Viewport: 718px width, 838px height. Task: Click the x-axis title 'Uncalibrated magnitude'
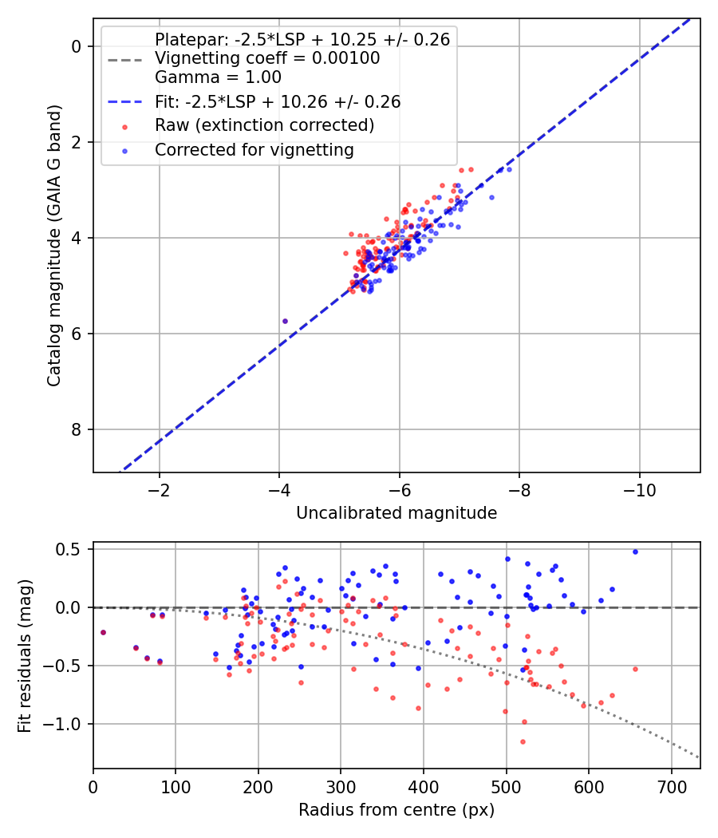tap(396, 513)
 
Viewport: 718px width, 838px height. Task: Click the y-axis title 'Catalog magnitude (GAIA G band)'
tap(54, 245)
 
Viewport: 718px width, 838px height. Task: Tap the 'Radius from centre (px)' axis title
tap(396, 810)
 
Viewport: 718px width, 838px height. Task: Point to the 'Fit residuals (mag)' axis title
tap(24, 656)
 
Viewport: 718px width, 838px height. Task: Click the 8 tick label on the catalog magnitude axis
tap(77, 429)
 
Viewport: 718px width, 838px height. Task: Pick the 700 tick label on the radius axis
tap(672, 787)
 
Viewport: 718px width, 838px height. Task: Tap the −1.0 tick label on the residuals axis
tap(62, 724)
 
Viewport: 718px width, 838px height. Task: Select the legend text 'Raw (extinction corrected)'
tap(264, 125)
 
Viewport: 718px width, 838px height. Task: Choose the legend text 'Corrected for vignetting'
tap(254, 150)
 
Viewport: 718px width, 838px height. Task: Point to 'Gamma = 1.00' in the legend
tap(218, 77)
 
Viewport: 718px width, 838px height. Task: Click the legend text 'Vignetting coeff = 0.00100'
tap(267, 57)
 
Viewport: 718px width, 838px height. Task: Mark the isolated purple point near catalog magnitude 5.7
tap(285, 321)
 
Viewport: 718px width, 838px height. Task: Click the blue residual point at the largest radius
tap(635, 552)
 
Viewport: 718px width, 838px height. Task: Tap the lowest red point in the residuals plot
tap(523, 741)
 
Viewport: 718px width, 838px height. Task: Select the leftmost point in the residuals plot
tap(103, 633)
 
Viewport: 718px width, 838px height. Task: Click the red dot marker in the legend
tap(125, 127)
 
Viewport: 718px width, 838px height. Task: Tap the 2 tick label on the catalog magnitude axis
tap(77, 143)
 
